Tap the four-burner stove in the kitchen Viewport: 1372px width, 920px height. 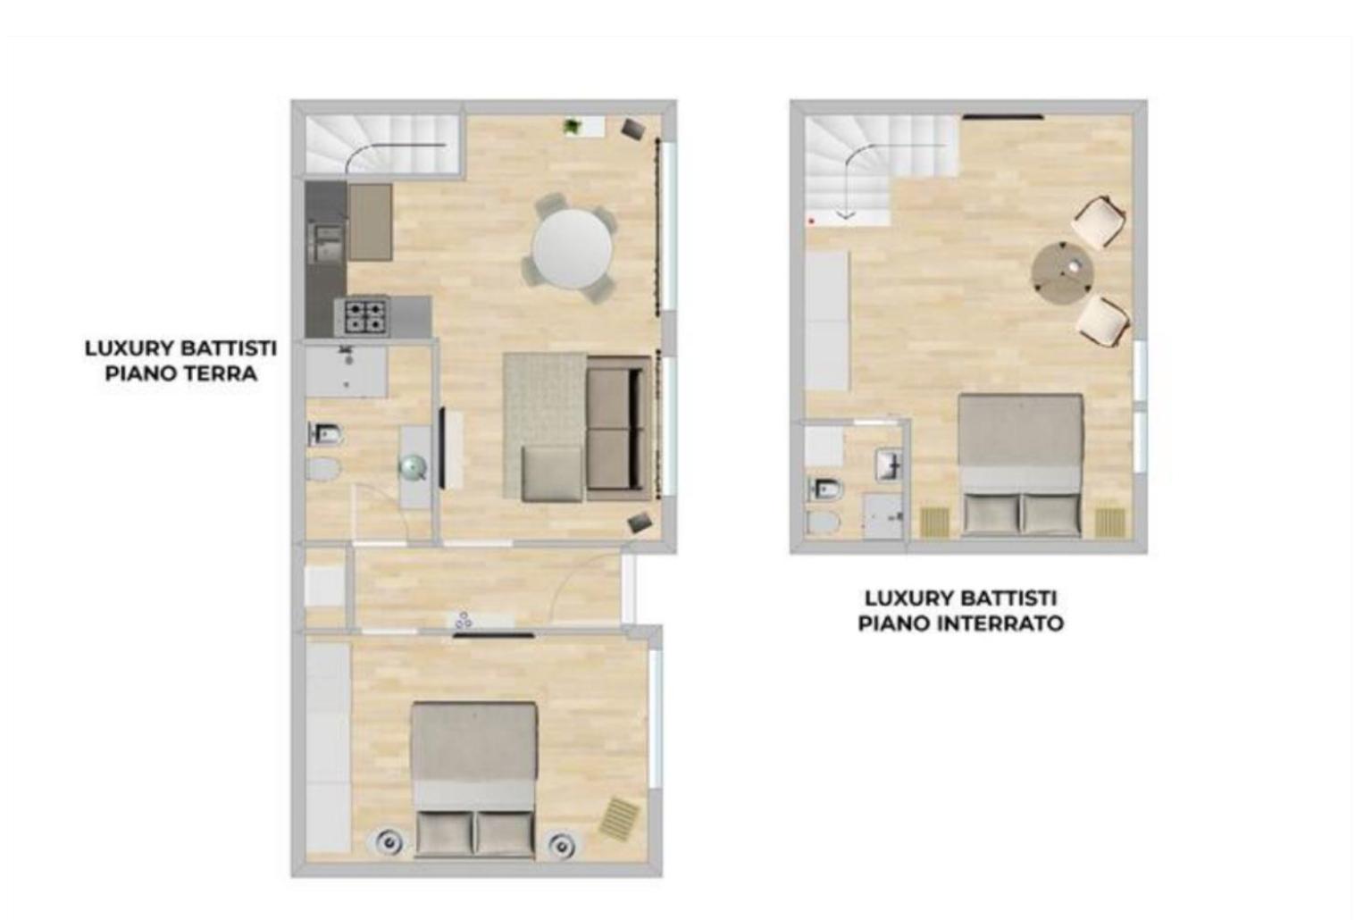(x=367, y=316)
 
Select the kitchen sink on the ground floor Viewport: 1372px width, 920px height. (x=326, y=243)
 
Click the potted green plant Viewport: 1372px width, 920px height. (x=572, y=126)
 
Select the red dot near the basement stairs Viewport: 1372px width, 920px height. (x=812, y=220)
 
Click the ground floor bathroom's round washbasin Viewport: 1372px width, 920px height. (x=413, y=468)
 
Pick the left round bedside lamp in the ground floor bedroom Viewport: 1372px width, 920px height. (x=389, y=844)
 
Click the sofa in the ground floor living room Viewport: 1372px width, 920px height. (x=618, y=428)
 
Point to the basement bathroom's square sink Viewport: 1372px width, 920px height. (x=888, y=464)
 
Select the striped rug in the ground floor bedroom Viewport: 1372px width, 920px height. (x=619, y=817)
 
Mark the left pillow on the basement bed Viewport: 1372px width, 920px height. (x=991, y=514)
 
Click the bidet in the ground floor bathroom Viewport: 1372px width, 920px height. (x=326, y=435)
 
